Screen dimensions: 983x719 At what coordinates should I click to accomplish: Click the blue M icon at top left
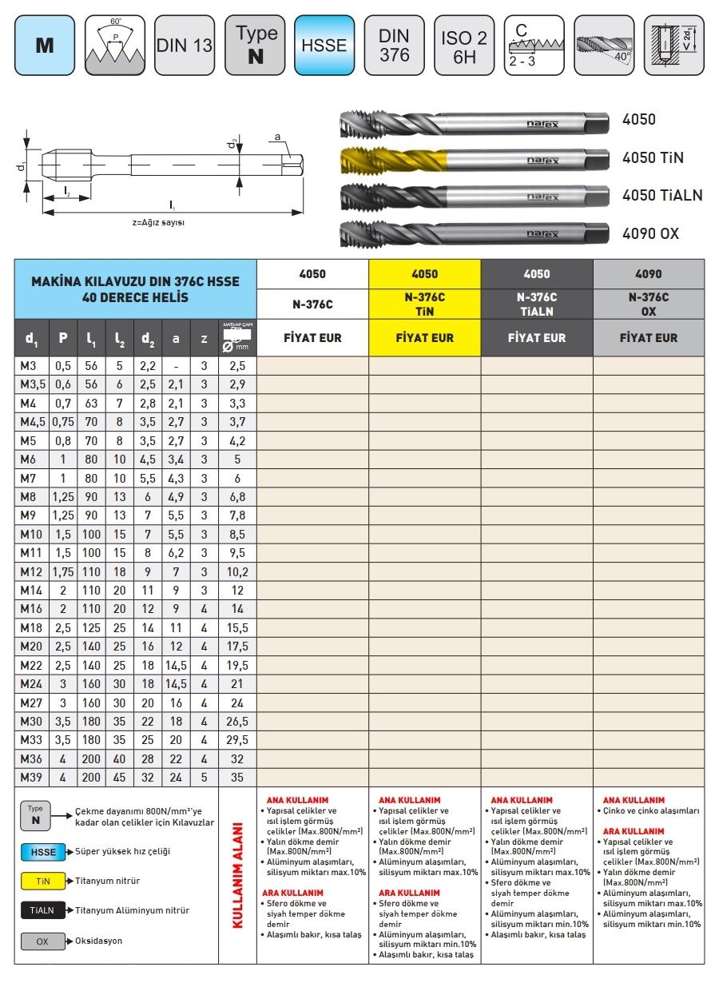coord(44,45)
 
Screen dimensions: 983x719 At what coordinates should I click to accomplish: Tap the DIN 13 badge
coord(184,45)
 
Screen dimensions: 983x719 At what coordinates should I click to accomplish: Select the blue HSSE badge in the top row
coord(324,45)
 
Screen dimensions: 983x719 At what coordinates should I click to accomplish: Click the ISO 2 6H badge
coord(463,45)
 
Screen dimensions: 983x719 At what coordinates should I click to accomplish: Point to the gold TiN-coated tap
coord(471,158)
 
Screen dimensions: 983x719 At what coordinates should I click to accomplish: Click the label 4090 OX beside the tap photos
coord(650,233)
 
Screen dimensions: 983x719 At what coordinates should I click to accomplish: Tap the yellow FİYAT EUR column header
coord(425,338)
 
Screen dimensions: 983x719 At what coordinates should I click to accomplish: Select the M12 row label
coord(30,572)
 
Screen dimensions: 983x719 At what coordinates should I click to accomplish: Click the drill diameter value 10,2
coord(237,572)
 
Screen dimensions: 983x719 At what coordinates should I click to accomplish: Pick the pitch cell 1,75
coord(63,572)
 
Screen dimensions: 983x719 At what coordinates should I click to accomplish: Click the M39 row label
coord(30,777)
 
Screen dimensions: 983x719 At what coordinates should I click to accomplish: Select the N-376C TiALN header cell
coord(537,304)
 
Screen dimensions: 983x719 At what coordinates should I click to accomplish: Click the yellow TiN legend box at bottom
coord(42,881)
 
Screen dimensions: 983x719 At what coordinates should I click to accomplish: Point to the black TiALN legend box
coord(42,910)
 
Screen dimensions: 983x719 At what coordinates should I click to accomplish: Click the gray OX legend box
coord(42,941)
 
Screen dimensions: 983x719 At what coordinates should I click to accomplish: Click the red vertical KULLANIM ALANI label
coord(237,874)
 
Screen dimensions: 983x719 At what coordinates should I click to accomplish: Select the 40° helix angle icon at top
coord(603,45)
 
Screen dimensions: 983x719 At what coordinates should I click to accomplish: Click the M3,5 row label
coord(30,384)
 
